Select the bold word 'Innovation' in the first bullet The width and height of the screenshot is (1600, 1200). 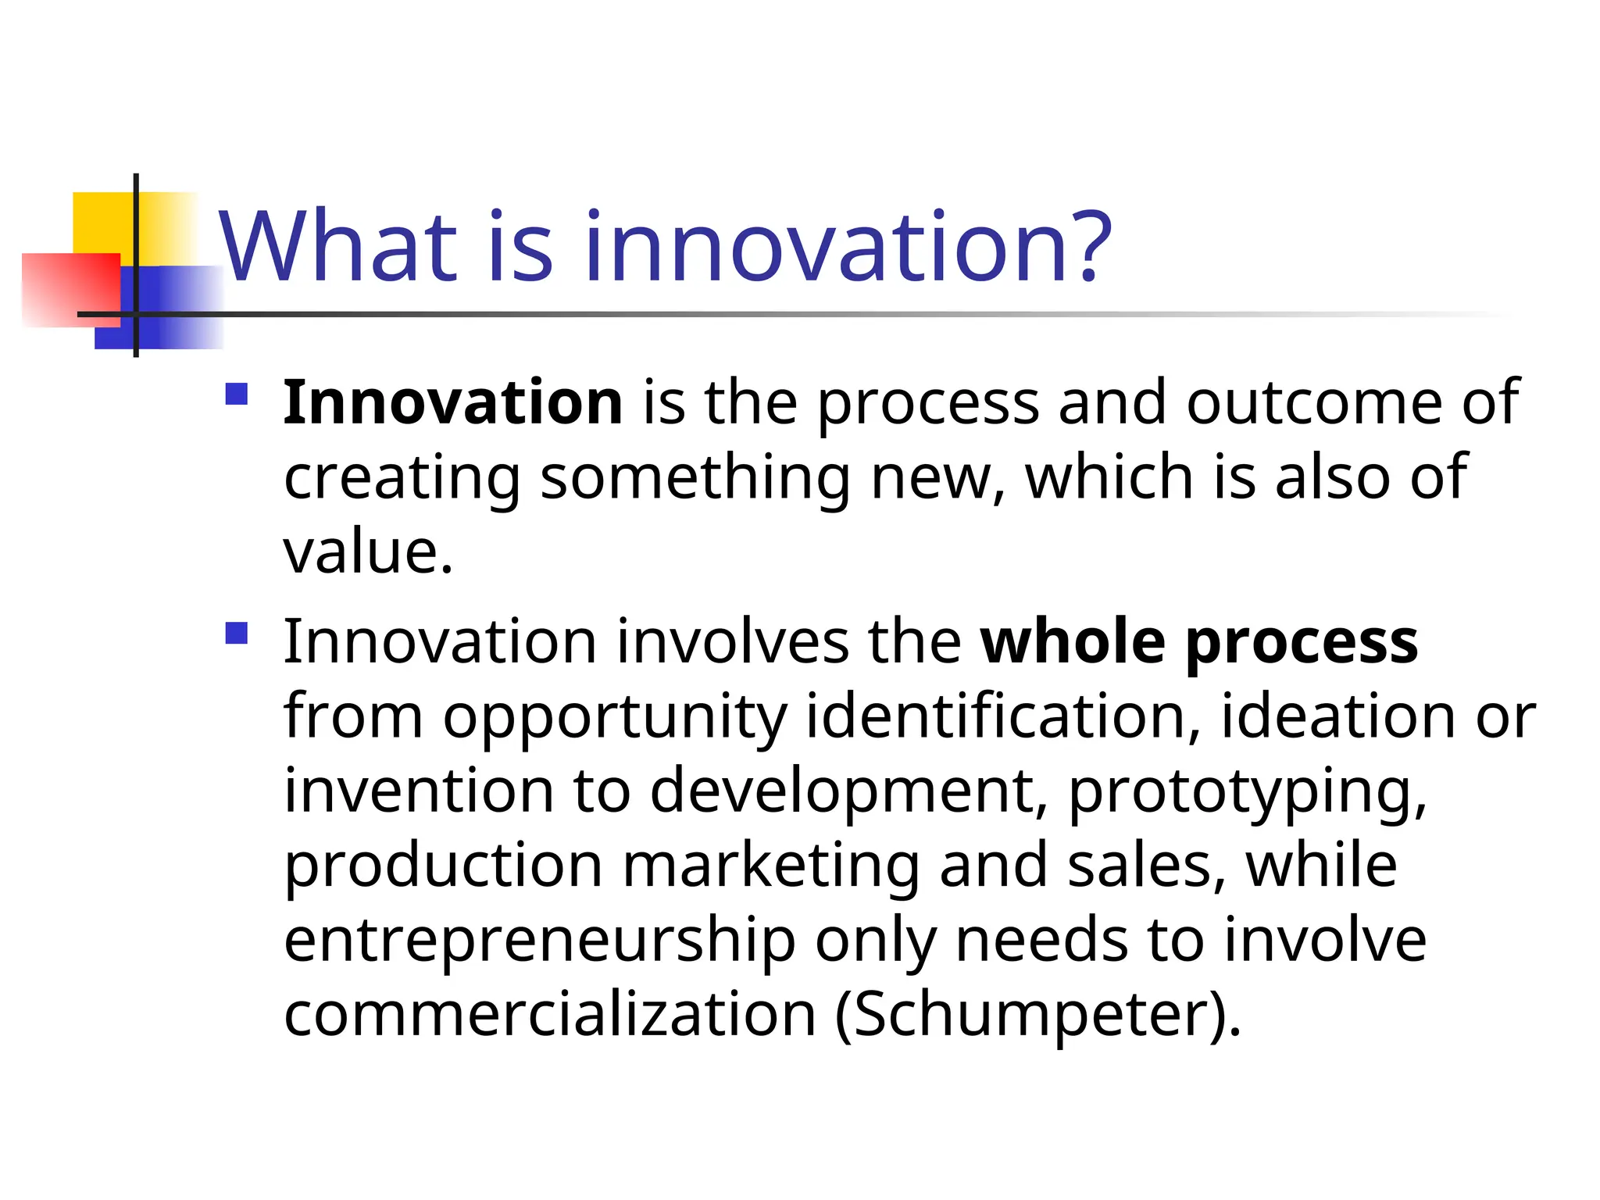click(x=452, y=402)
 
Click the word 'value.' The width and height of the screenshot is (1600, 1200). click(x=368, y=552)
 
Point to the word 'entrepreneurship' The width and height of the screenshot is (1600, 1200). click(x=539, y=941)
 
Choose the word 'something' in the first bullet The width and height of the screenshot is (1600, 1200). click(x=695, y=477)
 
